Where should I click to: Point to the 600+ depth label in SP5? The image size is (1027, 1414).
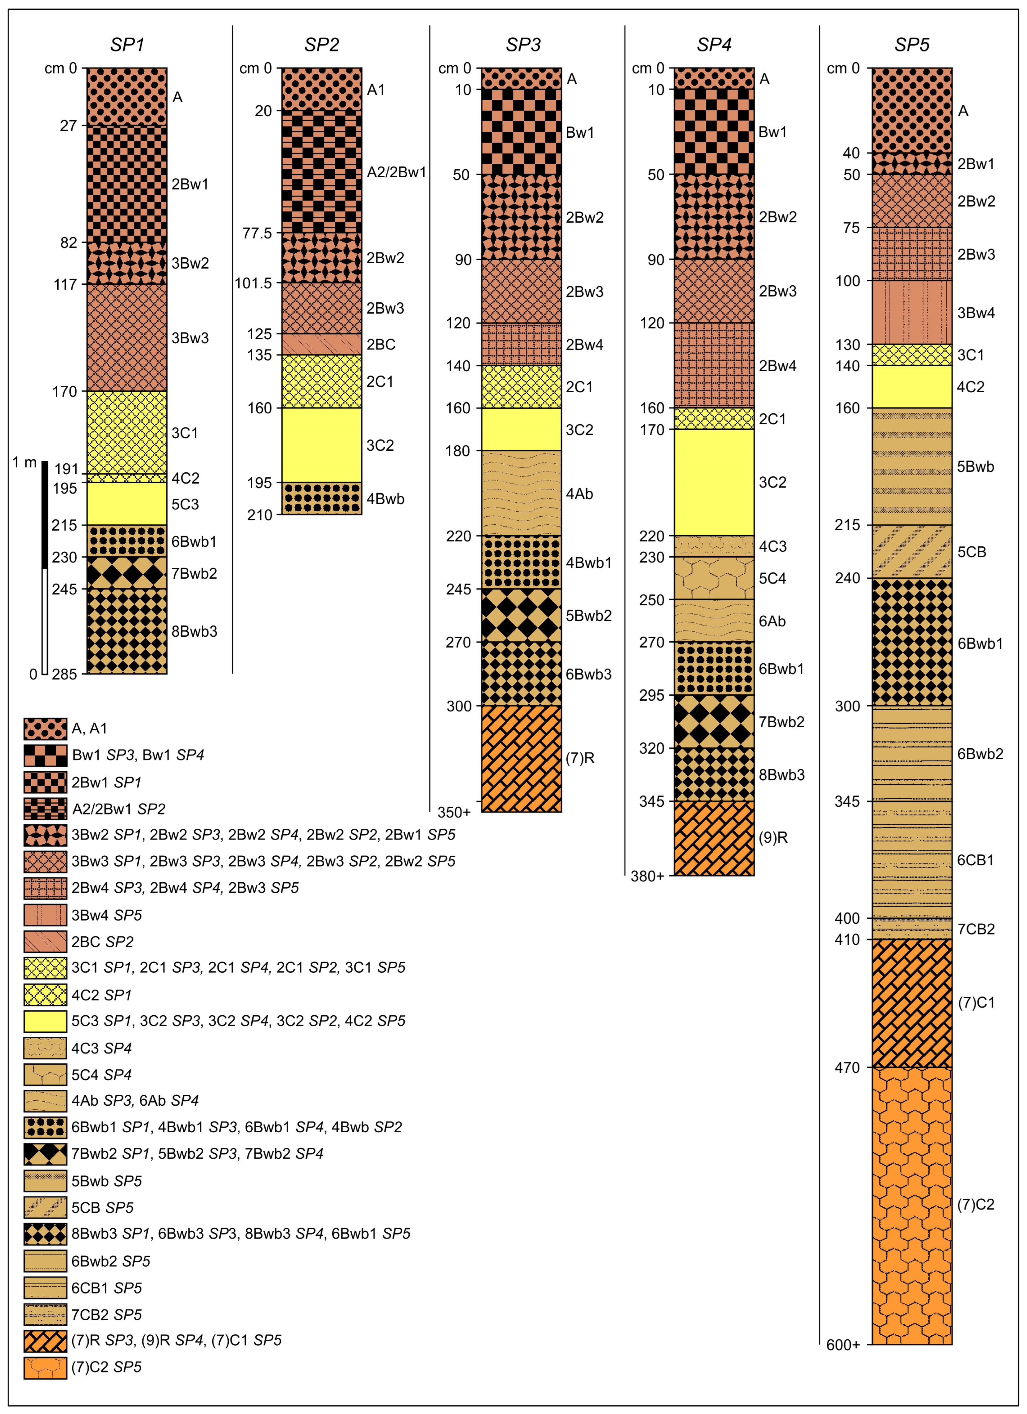click(x=843, y=1345)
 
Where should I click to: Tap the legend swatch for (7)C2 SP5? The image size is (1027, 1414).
click(x=45, y=1367)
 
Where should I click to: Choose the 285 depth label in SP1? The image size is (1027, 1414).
click(x=64, y=674)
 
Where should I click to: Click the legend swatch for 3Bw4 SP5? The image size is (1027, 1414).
click(x=45, y=915)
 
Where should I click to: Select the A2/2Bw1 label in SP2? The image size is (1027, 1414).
click(x=396, y=172)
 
